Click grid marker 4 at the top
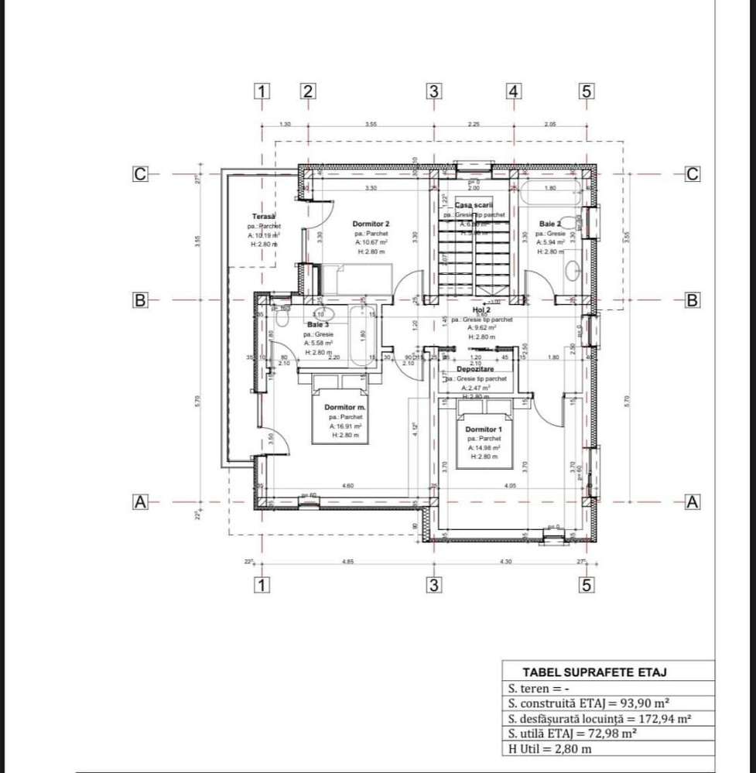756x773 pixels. [513, 91]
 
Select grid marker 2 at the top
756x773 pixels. [308, 91]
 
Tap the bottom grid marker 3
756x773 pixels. [434, 586]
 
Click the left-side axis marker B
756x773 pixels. [140, 300]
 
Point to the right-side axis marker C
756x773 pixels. [693, 174]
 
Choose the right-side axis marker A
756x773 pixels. [693, 502]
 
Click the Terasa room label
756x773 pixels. [264, 216]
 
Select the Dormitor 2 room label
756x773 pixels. [371, 223]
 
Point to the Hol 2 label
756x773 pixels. [481, 310]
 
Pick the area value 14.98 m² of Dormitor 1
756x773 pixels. [484, 447]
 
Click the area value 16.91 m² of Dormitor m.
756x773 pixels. [344, 426]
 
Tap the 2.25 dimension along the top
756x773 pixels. [474, 124]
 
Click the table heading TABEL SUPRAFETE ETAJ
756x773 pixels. [594, 672]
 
